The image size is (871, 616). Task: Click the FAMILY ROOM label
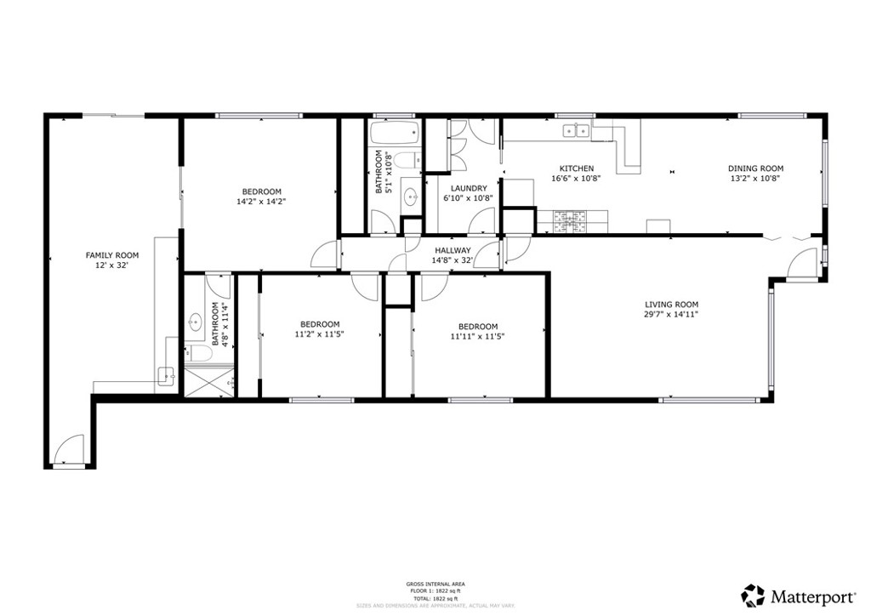pyautogui.click(x=111, y=255)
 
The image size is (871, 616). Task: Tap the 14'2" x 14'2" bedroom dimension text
pyautogui.click(x=261, y=202)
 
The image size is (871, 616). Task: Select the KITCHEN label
pyautogui.click(x=576, y=168)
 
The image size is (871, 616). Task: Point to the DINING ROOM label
pyautogui.click(x=755, y=168)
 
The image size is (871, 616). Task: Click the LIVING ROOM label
pyautogui.click(x=671, y=304)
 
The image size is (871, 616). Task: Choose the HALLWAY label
pyautogui.click(x=453, y=250)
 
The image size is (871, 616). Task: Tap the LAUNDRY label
pyautogui.click(x=469, y=188)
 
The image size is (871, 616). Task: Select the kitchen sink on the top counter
pyautogui.click(x=578, y=130)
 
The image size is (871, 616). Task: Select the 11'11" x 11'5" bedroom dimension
pyautogui.click(x=477, y=336)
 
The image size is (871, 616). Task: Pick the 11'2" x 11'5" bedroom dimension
pyautogui.click(x=319, y=334)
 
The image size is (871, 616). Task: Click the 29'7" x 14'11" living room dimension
pyautogui.click(x=671, y=315)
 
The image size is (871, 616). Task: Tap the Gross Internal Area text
pyautogui.click(x=435, y=584)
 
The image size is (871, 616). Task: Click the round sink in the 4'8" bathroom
pyautogui.click(x=195, y=321)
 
